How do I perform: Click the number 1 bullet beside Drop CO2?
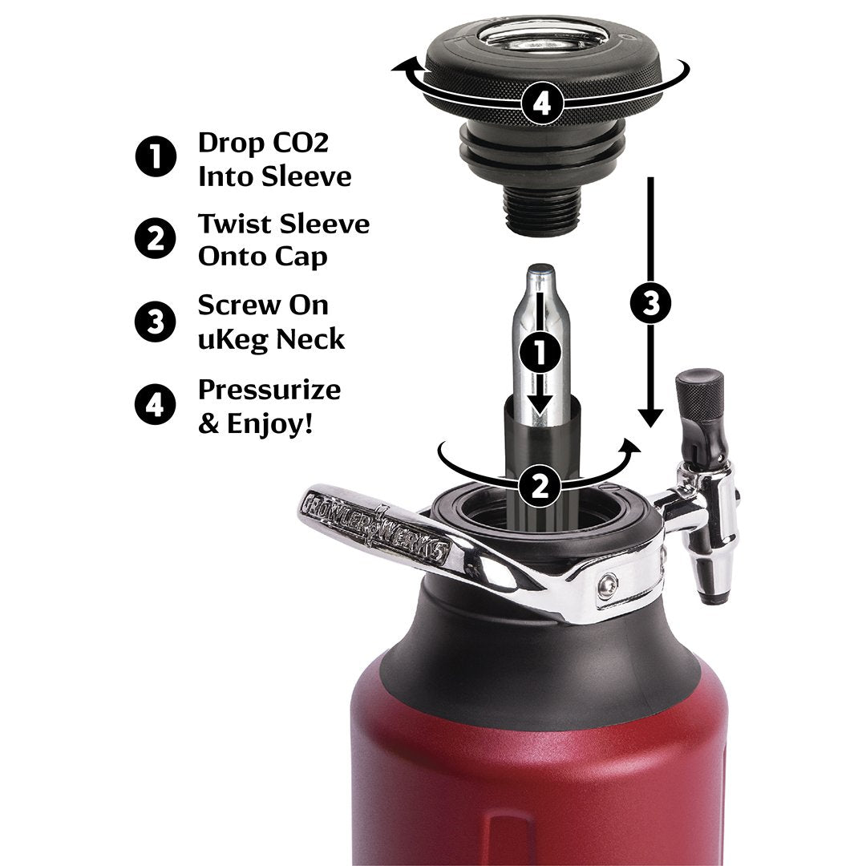click(x=156, y=157)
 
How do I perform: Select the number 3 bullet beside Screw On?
click(x=156, y=322)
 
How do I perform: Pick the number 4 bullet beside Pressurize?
click(x=156, y=405)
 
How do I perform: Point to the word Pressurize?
click(x=269, y=390)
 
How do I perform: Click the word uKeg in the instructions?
click(x=233, y=339)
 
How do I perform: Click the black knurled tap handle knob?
click(x=700, y=392)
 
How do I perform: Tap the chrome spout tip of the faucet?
click(x=709, y=589)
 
